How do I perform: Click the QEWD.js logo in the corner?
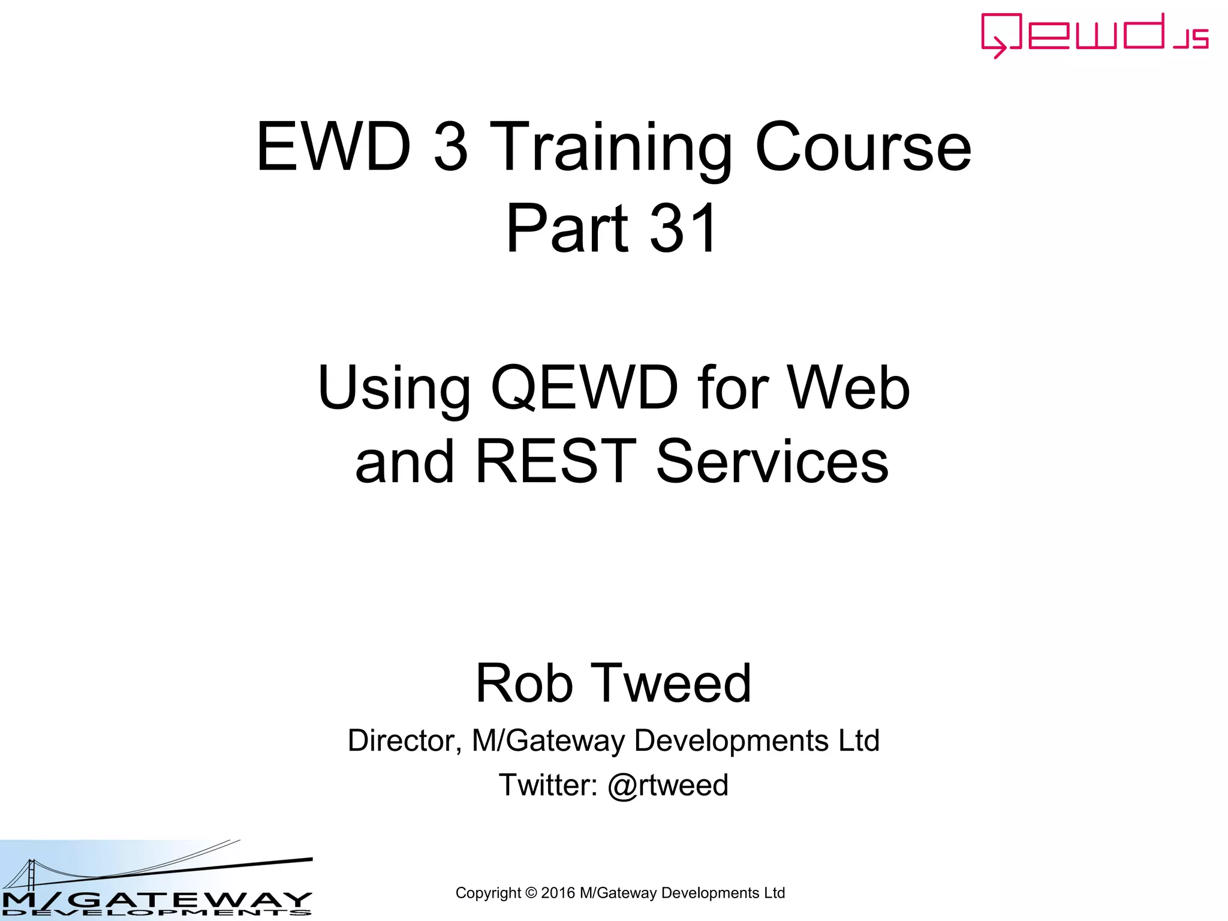click(x=1094, y=35)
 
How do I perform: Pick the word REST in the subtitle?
click(x=555, y=461)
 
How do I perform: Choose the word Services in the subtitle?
click(x=772, y=461)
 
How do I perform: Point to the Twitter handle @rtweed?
click(x=668, y=785)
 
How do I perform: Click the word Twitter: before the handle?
click(x=548, y=785)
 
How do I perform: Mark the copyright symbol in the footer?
click(x=531, y=893)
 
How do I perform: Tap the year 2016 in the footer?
click(x=558, y=893)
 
